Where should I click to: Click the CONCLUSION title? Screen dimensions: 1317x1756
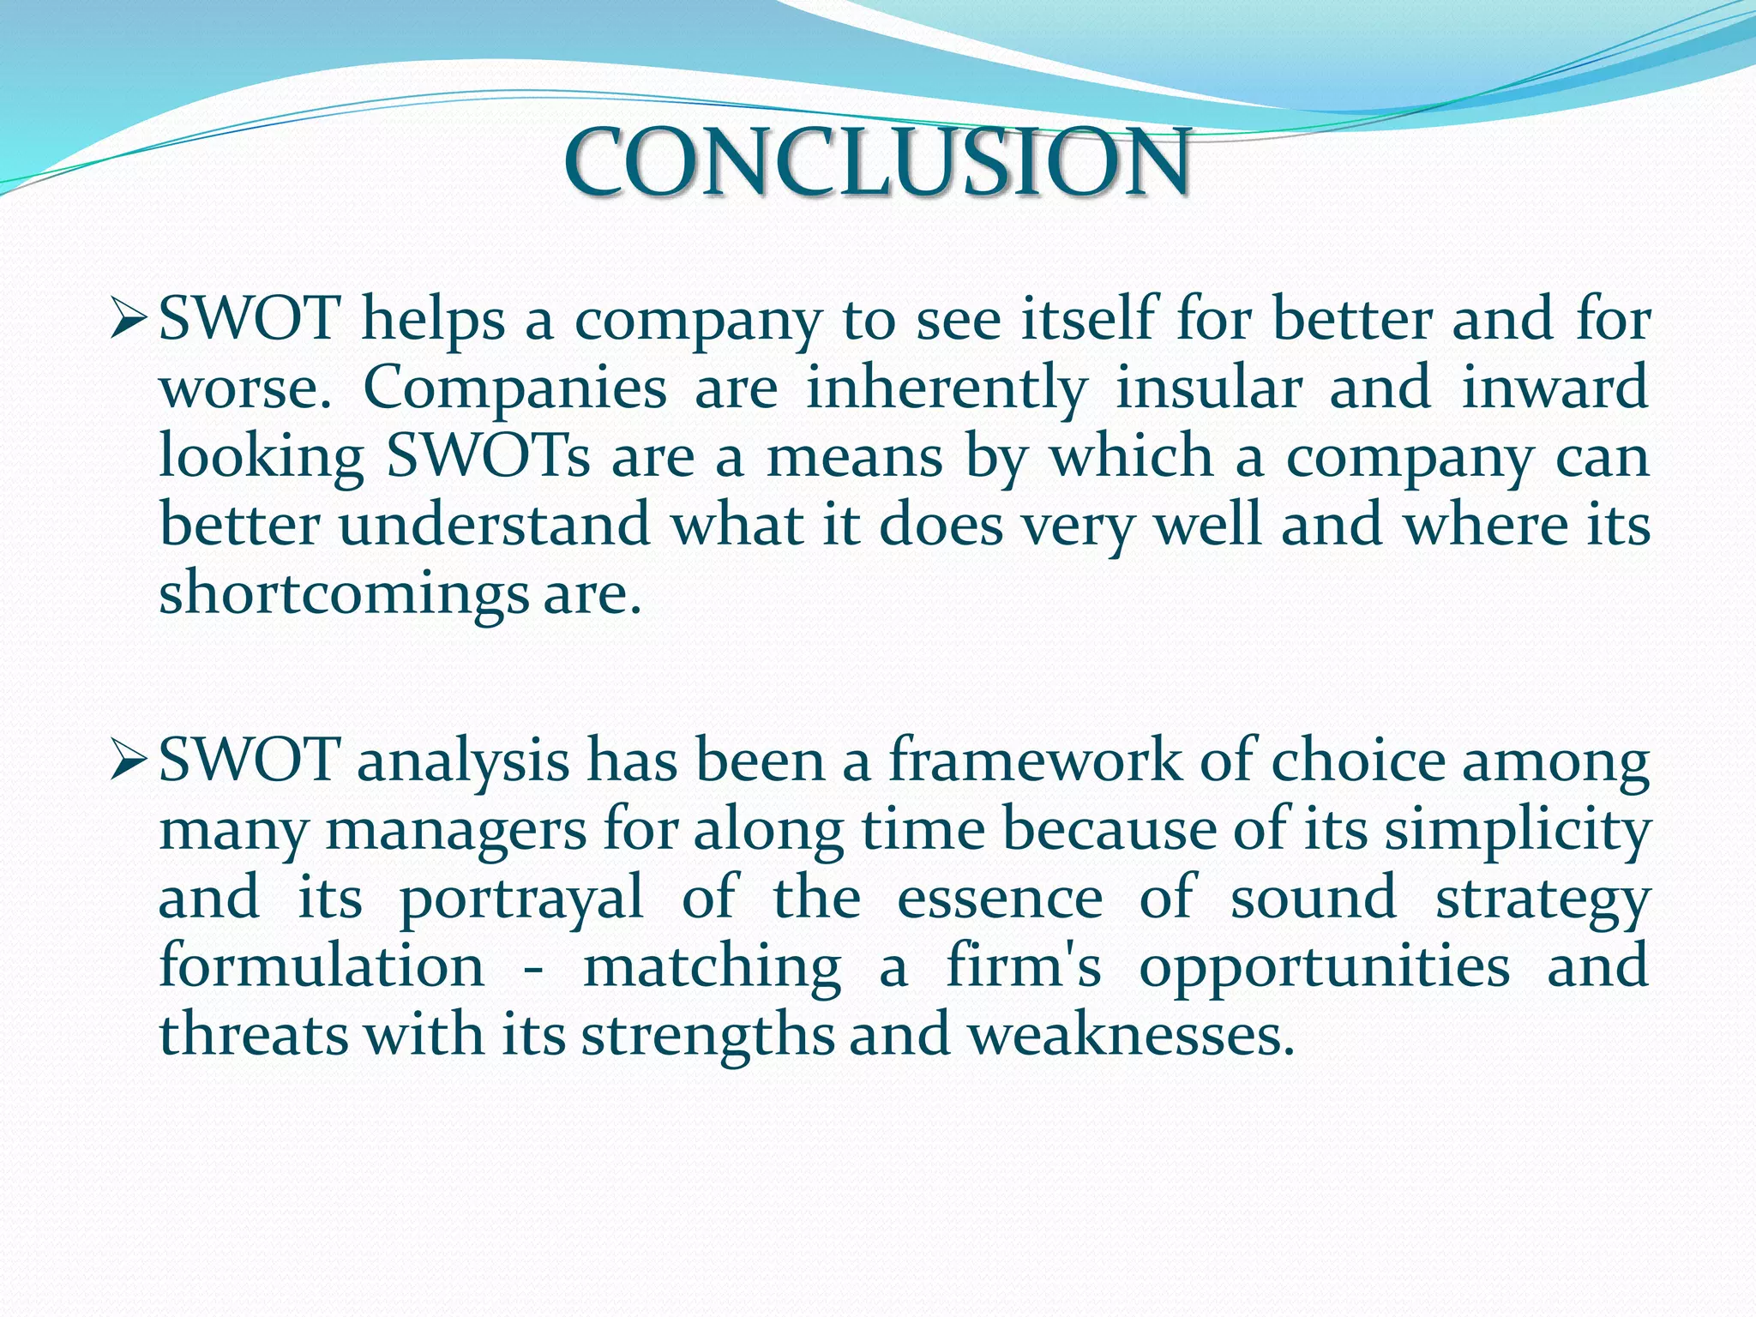(876, 161)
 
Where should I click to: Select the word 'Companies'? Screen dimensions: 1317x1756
(515, 388)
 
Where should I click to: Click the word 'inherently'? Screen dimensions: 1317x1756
(947, 388)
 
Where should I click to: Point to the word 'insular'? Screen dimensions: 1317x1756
(1209, 388)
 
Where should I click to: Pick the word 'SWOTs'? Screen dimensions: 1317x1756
(488, 457)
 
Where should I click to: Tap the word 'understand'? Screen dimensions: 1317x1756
(495, 526)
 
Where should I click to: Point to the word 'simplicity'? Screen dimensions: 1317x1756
(1518, 831)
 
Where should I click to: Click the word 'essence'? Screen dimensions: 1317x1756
(1000, 898)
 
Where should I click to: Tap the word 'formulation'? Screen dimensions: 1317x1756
(322, 966)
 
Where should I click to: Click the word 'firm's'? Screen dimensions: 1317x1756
(1024, 966)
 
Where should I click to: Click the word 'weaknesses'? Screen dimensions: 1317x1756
(1131, 1035)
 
